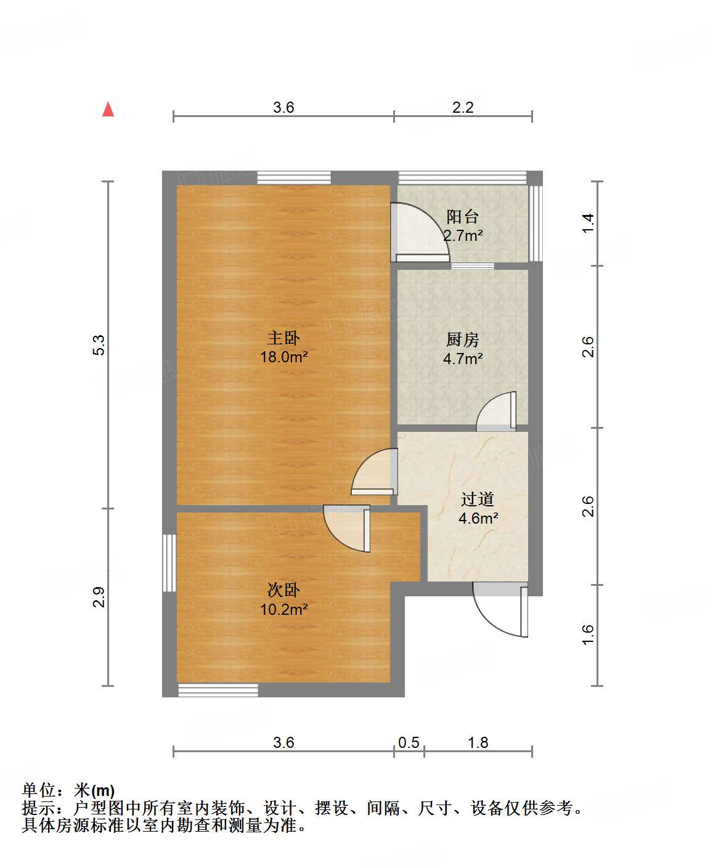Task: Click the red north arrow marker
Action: pos(108,109)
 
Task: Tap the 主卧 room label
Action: pos(283,338)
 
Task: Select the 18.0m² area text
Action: pos(283,357)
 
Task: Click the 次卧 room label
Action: pos(283,590)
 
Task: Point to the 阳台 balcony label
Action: pos(463,216)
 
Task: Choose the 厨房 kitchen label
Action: pos(463,339)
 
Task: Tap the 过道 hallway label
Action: pos(478,499)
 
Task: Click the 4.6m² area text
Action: pos(478,518)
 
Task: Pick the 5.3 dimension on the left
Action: pos(99,345)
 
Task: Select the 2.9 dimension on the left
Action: pos(99,597)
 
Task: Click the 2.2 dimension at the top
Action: pos(463,107)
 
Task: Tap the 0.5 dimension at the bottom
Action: pos(409,742)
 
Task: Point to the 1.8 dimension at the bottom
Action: pos(478,742)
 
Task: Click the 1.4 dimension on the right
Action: pos(589,222)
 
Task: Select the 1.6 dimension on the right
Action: pos(589,635)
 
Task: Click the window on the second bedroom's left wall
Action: pos(169,562)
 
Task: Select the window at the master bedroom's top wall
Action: pos(294,178)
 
